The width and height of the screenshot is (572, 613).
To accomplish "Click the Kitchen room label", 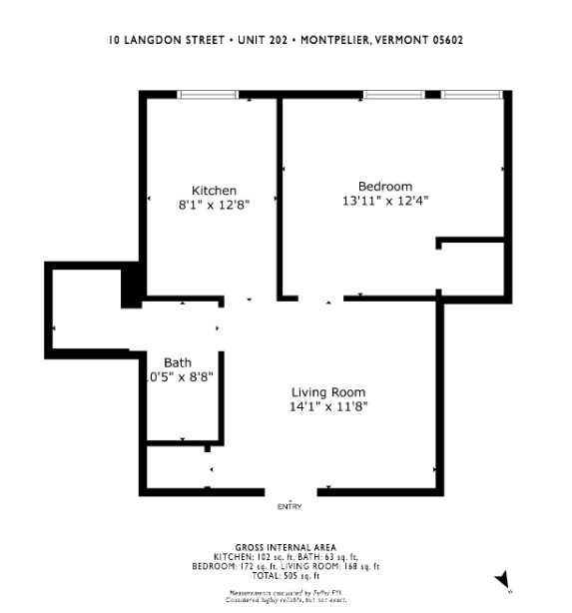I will coord(214,191).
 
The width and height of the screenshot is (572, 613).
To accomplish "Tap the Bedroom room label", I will coord(384,187).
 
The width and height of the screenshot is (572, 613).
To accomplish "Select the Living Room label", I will coord(327,392).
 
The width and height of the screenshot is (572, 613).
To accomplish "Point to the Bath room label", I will coord(178,362).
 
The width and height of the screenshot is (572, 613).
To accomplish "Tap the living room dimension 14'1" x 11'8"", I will coord(327,406).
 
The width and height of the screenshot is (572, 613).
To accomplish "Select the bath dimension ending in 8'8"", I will coord(178,377).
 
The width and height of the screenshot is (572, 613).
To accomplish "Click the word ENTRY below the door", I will coord(288,507).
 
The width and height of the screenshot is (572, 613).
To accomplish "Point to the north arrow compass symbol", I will coord(503,580).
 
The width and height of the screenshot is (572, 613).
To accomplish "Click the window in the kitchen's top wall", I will coord(208,95).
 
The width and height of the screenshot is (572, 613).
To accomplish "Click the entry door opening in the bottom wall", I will coord(291,490).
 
